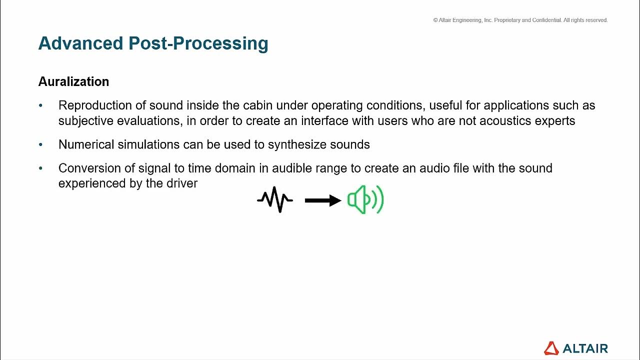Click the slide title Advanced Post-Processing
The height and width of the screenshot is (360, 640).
click(x=153, y=43)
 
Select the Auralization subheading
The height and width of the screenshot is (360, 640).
click(x=73, y=81)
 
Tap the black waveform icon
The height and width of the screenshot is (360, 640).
click(x=275, y=200)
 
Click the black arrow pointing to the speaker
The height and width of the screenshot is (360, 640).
click(x=322, y=200)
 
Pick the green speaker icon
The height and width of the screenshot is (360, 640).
click(x=365, y=200)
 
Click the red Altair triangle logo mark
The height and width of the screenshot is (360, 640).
click(x=551, y=348)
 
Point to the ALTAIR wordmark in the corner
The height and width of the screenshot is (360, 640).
click(x=585, y=348)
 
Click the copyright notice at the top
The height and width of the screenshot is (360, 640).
click(x=520, y=20)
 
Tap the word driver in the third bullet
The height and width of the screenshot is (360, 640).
click(x=184, y=183)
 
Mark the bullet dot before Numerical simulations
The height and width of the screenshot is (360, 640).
click(x=41, y=144)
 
